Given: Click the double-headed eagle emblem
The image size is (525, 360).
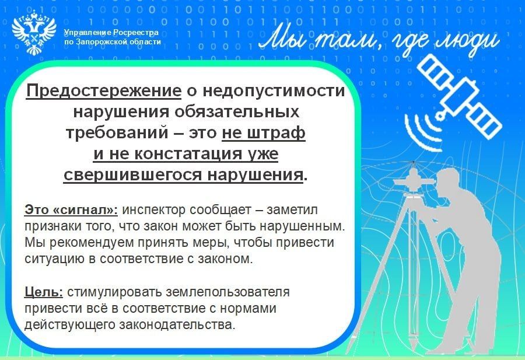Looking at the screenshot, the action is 34,33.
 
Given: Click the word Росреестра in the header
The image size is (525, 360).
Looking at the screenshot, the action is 135,33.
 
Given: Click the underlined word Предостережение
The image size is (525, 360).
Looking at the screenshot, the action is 104,91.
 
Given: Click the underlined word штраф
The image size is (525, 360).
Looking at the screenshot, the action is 276,132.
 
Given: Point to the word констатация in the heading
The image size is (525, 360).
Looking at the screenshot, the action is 188,153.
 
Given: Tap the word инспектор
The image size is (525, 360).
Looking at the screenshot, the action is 153,210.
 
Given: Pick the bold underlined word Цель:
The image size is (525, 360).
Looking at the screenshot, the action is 44,292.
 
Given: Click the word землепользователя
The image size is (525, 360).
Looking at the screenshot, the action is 228,292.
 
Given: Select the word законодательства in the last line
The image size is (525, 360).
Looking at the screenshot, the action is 177,324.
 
